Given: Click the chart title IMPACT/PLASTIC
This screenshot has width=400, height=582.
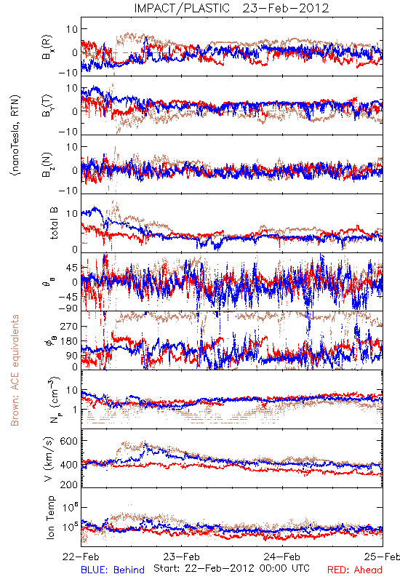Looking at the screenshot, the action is (x=182, y=8).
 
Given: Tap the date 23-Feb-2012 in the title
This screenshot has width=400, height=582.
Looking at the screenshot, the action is (x=286, y=8).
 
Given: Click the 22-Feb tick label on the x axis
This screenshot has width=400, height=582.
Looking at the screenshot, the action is (x=81, y=557).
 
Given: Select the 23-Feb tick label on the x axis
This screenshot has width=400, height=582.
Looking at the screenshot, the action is (x=181, y=557).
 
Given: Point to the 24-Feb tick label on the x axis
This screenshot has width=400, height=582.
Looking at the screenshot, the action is (x=282, y=557).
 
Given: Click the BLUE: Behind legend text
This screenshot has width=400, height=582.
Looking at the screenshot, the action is (x=113, y=570).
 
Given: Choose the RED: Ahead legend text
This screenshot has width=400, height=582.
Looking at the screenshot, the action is (x=355, y=570).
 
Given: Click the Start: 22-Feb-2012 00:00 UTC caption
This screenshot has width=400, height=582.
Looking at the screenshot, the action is (x=231, y=568).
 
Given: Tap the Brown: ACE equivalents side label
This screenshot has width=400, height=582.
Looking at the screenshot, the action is (x=15, y=370).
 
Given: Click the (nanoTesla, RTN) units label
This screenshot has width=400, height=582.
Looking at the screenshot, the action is (x=15, y=135).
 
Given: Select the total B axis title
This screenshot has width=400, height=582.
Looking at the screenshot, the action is (x=53, y=223).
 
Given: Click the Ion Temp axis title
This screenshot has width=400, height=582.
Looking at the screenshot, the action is (x=50, y=517).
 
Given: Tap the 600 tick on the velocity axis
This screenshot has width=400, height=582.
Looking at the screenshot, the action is (x=68, y=441).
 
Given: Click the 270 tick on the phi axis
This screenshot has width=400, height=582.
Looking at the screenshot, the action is (x=68, y=327).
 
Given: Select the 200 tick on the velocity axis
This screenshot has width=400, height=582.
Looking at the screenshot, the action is (x=68, y=485).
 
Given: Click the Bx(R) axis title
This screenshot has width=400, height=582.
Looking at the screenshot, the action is (x=47, y=47).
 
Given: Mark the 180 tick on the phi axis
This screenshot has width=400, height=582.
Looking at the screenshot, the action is (x=68, y=341).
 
